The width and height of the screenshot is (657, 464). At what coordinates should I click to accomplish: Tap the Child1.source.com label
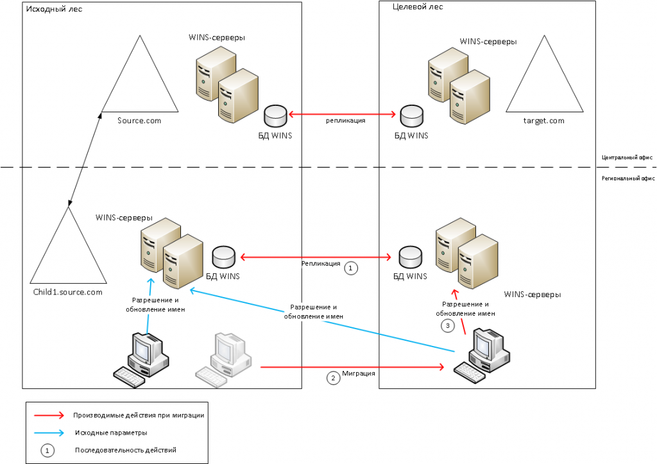pyautogui.click(x=67, y=292)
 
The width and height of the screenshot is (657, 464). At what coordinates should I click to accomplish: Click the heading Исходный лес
pyautogui.click(x=54, y=9)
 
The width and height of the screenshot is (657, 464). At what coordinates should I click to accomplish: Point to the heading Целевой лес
pyautogui.click(x=418, y=6)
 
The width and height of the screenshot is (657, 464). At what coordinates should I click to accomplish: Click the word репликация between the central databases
pyautogui.click(x=346, y=121)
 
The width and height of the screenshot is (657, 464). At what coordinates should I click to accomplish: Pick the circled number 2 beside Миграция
pyautogui.click(x=333, y=378)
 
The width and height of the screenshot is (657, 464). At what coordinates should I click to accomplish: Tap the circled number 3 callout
pyautogui.click(x=447, y=325)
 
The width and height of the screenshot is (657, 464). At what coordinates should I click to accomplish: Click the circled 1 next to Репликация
pyautogui.click(x=351, y=268)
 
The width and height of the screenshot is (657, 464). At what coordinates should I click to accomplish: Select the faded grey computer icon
pyautogui.click(x=223, y=359)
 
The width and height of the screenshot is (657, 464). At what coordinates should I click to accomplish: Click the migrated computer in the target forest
pyautogui.click(x=482, y=356)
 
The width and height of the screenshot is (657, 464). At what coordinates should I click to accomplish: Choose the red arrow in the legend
pyautogui.click(x=49, y=415)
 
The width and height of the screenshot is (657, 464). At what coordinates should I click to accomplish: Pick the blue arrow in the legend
pyautogui.click(x=49, y=433)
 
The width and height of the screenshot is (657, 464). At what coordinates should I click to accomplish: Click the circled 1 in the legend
pyautogui.click(x=47, y=451)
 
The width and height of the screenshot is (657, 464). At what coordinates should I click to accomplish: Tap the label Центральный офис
pyautogui.click(x=627, y=158)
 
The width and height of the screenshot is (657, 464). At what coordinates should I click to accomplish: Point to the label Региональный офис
pyautogui.click(x=628, y=178)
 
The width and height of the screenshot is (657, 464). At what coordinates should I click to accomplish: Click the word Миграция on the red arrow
pyautogui.click(x=359, y=374)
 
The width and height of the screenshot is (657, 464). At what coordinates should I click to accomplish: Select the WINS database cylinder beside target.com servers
pyautogui.click(x=411, y=116)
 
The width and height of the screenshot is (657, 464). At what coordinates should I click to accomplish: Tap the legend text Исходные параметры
pyautogui.click(x=111, y=433)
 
